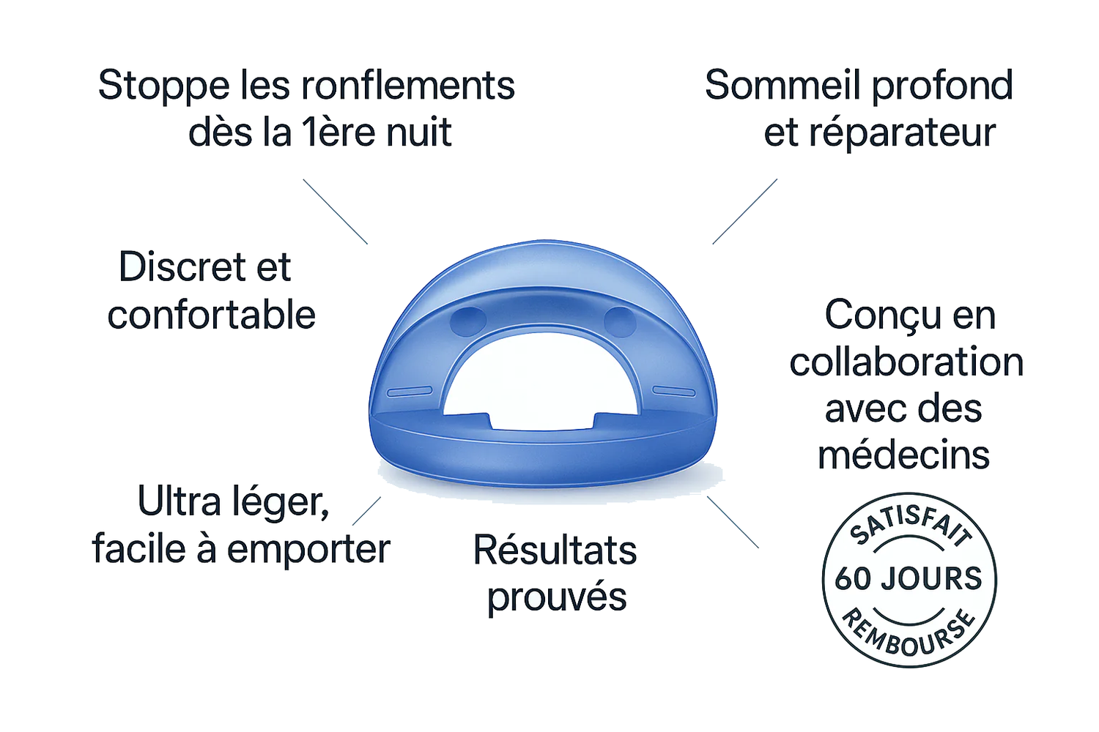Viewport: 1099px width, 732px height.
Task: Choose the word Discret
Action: (181, 266)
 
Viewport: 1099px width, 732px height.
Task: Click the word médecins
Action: (903, 455)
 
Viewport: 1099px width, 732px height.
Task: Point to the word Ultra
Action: (179, 501)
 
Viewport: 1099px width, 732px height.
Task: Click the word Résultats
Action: (555, 550)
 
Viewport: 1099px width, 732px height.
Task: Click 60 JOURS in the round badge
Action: (909, 579)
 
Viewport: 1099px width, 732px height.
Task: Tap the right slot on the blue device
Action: (674, 391)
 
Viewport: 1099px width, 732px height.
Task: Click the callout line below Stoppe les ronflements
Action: (335, 212)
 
